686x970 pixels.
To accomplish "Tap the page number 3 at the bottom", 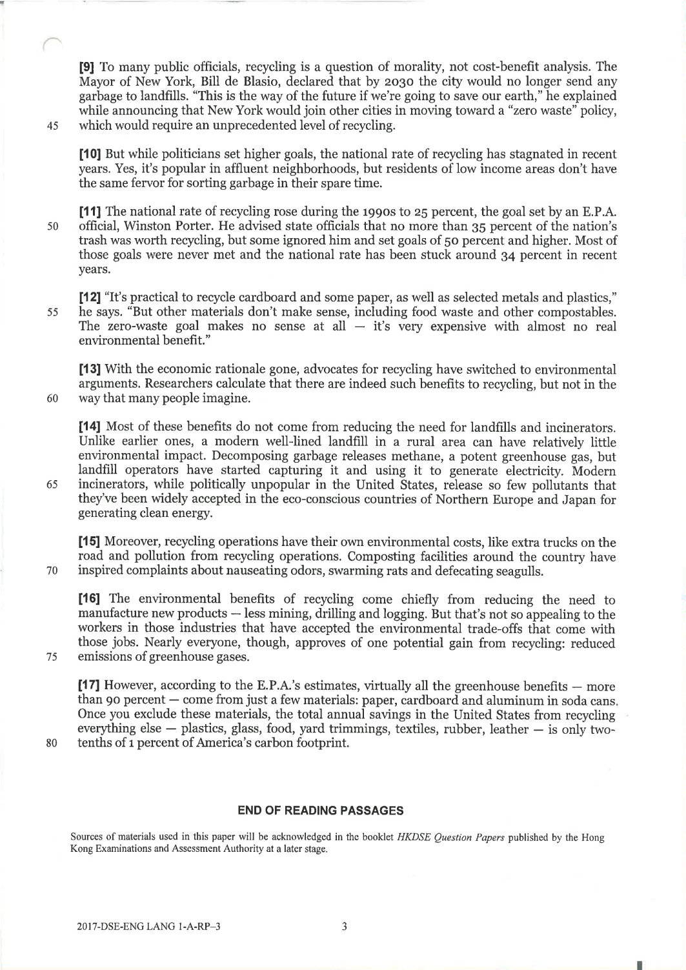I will tap(344, 928).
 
